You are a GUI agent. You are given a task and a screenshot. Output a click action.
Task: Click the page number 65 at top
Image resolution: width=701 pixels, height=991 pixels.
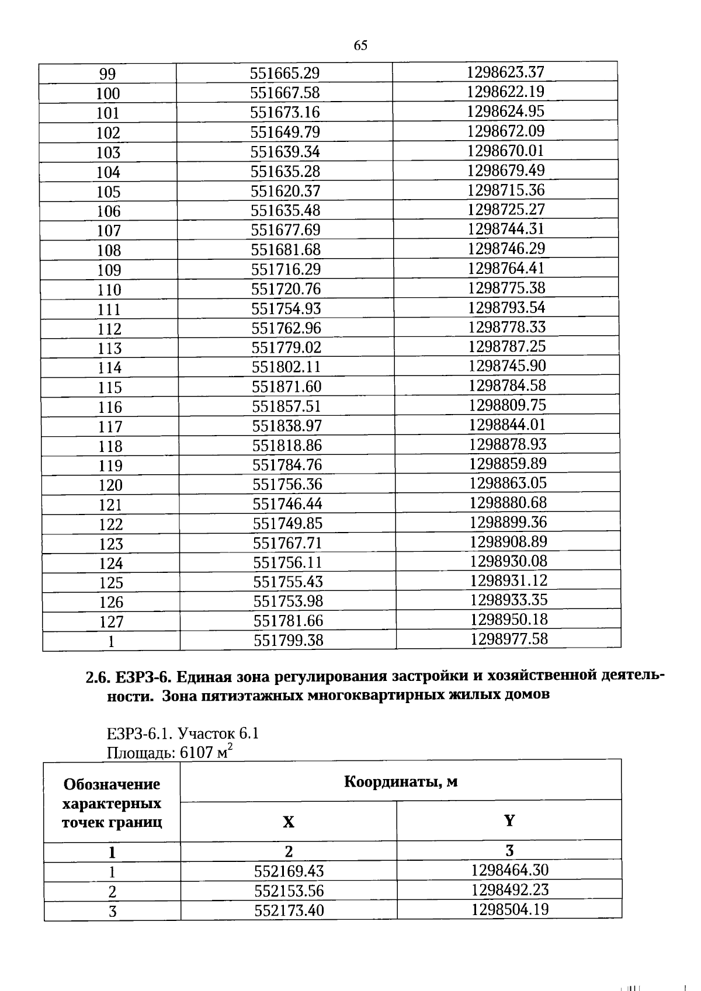[x=360, y=46]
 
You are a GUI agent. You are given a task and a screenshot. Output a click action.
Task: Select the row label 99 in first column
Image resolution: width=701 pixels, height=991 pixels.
[x=107, y=74]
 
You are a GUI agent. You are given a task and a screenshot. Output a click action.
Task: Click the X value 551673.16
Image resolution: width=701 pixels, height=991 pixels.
[x=285, y=112]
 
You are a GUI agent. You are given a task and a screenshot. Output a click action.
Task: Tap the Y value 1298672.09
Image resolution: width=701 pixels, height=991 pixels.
[x=505, y=131]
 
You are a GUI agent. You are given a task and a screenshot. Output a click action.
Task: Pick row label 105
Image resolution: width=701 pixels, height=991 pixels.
[x=108, y=192]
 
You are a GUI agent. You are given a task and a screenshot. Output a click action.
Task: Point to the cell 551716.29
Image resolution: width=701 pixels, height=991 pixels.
[x=286, y=269]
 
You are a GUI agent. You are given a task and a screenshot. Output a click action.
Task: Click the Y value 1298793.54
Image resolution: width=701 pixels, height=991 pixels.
[x=506, y=307]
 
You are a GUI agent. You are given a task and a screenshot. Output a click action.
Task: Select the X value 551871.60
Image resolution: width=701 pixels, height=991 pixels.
[x=287, y=387]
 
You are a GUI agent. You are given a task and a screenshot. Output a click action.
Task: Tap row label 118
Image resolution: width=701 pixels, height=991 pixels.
[x=110, y=446]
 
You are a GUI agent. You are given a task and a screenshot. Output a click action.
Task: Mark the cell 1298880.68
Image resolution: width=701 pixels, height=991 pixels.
[x=508, y=502]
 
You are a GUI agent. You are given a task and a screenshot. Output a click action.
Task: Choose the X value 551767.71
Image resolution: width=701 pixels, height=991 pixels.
[x=287, y=543]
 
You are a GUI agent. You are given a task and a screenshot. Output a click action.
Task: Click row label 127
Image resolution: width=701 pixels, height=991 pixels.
[x=111, y=621]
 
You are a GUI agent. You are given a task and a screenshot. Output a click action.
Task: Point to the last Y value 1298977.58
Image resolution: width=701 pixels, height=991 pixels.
[x=509, y=639]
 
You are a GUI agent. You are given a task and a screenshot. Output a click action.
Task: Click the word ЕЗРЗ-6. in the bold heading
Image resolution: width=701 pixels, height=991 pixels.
[x=143, y=677]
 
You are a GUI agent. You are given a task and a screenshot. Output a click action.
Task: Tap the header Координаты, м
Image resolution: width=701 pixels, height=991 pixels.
[x=400, y=781]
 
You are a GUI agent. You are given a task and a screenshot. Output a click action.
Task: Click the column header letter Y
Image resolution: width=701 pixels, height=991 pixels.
[x=509, y=820]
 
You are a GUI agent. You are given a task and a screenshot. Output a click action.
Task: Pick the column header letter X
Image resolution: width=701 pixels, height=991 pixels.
[x=289, y=822]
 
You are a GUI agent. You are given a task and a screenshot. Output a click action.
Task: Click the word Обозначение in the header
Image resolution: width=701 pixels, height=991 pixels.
[x=112, y=784]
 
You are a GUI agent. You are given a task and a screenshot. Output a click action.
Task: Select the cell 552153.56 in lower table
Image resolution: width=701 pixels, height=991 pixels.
[x=289, y=891]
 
